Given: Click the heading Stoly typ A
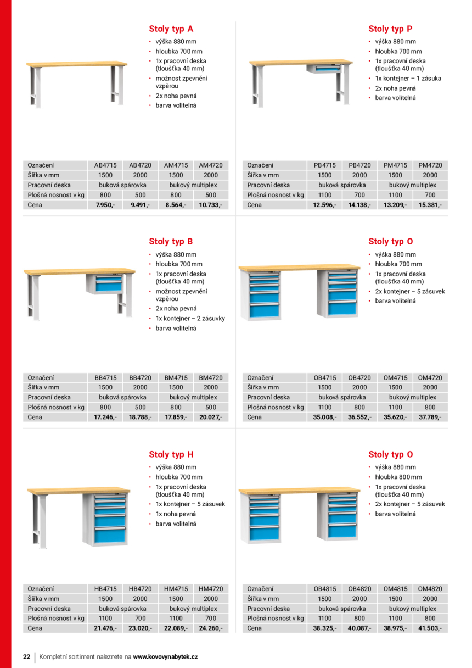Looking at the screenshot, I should (x=171, y=29).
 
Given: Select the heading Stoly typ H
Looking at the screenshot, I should (x=171, y=455).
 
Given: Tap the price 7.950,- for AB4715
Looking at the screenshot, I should (x=105, y=205).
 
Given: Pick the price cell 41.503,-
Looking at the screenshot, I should (x=430, y=628).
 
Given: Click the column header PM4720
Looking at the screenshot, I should (x=430, y=165).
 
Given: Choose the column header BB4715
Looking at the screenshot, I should (x=105, y=378).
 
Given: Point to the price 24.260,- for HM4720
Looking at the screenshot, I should (x=211, y=628).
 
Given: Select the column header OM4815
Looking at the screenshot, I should (x=395, y=588).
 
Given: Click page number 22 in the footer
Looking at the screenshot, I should (x=26, y=656).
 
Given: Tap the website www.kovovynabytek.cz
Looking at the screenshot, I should (x=165, y=656).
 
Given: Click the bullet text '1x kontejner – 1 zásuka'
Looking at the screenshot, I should (x=408, y=79).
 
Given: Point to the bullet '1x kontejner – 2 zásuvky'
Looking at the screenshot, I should (x=190, y=319).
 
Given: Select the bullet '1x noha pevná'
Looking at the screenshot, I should (x=176, y=514).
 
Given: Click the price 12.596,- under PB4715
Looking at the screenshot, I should (x=324, y=205).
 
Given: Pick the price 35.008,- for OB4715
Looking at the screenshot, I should (x=324, y=417).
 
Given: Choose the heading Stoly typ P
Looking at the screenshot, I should (x=390, y=29).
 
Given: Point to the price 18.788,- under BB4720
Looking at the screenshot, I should (x=140, y=417).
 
